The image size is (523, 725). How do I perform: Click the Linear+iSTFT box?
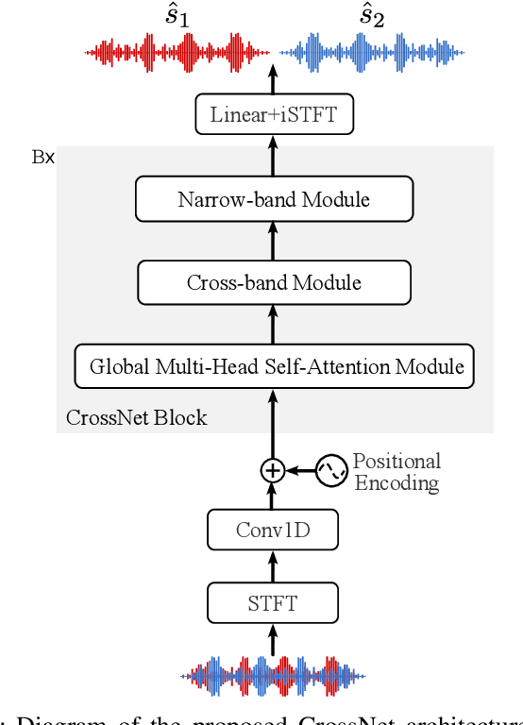coord(273,115)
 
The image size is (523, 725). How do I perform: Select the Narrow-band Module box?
coord(274,199)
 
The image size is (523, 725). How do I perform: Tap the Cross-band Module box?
coord(274,282)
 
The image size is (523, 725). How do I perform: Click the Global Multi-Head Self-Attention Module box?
coord(274,366)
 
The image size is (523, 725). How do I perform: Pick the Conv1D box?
coord(273,531)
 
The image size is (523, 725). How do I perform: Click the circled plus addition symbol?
coord(273,469)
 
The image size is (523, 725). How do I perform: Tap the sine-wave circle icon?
coord(331,470)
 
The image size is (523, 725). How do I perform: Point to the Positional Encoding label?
coord(396,472)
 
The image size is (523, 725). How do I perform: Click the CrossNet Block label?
coord(136,417)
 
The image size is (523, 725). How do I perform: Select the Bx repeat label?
coord(43,157)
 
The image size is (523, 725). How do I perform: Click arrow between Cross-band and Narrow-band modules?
coord(273,241)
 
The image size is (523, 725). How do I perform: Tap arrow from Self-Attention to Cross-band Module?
coord(273,324)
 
